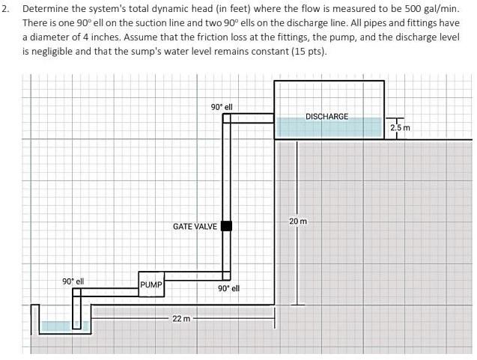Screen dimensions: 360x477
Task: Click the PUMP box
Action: tap(151, 285)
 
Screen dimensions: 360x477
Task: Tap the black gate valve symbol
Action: tap(226, 226)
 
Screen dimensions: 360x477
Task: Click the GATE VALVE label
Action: tap(195, 226)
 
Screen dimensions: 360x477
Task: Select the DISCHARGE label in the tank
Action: tap(326, 117)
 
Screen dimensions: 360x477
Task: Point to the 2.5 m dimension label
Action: tap(401, 128)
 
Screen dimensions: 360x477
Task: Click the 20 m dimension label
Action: tap(298, 222)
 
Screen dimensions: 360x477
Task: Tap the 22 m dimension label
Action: tap(181, 319)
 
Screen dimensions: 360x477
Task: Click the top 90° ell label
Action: tap(222, 107)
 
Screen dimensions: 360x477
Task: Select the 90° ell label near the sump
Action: tap(73, 281)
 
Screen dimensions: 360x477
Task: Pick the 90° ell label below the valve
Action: tap(228, 288)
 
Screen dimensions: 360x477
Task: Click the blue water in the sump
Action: tap(58, 326)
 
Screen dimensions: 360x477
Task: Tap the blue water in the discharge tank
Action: tap(329, 129)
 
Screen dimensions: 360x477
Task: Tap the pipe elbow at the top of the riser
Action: tap(226, 118)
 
